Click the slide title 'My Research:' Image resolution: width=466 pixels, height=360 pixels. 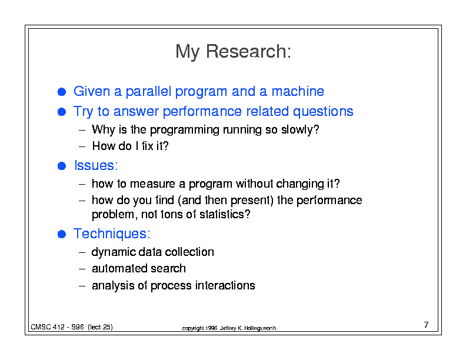234,51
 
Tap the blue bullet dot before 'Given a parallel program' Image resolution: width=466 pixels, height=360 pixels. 62,92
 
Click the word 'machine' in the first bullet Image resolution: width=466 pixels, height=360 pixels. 298,91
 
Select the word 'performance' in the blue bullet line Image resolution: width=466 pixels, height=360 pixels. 202,111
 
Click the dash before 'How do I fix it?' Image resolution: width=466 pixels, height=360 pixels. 82,146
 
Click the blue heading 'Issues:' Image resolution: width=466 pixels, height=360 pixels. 96,165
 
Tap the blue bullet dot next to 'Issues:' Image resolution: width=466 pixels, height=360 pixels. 62,166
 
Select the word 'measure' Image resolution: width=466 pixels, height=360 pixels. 152,184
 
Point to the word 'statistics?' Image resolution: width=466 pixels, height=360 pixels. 225,214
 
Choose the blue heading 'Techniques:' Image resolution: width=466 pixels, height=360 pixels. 112,234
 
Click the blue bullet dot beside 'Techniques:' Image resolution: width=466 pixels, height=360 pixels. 62,234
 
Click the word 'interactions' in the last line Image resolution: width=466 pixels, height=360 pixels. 225,285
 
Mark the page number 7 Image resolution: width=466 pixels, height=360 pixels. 426,325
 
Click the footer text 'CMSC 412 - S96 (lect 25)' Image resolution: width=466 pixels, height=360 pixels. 72,327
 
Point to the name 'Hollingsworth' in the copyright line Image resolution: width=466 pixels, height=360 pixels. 260,328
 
